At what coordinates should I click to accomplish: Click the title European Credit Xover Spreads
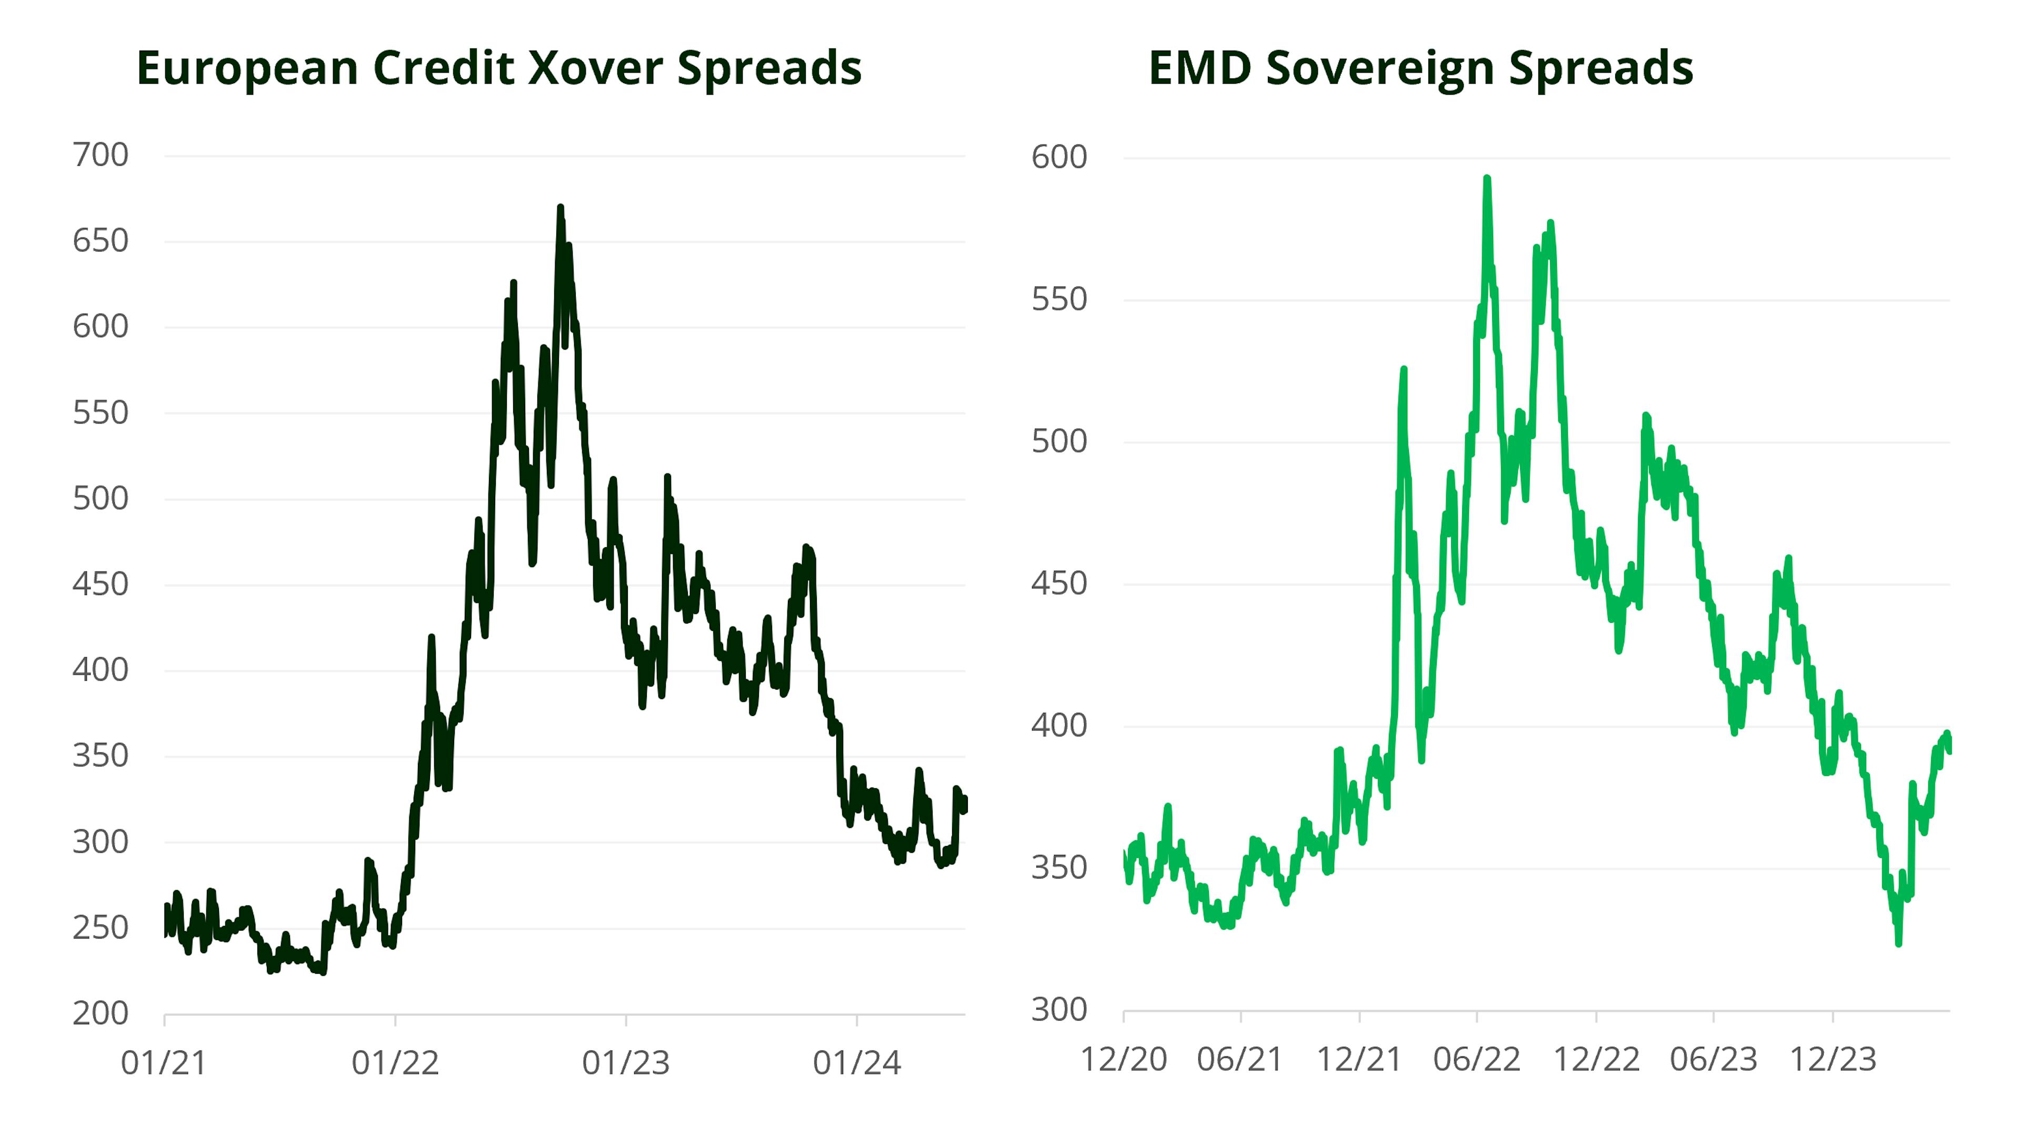(x=499, y=68)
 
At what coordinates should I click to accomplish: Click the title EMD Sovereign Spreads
(x=1420, y=68)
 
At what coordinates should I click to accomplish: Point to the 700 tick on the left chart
(x=101, y=155)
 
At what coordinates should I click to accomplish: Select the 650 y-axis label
(x=101, y=241)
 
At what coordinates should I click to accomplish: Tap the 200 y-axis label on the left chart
(x=101, y=1013)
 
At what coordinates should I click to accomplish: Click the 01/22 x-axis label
(x=395, y=1063)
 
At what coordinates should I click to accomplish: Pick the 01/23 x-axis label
(x=625, y=1063)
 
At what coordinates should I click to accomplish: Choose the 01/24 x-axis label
(x=857, y=1063)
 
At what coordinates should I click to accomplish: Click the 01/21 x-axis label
(x=164, y=1063)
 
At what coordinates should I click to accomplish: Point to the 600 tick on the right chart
(x=1059, y=157)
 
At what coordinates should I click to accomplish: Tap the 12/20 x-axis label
(x=1124, y=1060)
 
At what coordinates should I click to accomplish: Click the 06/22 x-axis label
(x=1476, y=1060)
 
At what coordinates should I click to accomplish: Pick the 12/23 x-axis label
(x=1833, y=1060)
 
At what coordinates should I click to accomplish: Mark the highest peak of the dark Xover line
(x=560, y=208)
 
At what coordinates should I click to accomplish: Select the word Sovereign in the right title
(x=1381, y=68)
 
